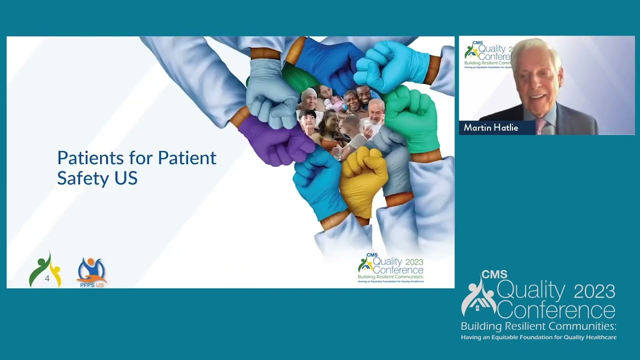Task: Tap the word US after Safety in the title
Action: coord(125,178)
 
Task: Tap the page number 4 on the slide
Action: coord(47,278)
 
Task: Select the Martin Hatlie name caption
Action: coord(490,128)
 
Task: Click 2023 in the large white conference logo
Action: coord(594,290)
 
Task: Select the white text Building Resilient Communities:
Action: coord(538,326)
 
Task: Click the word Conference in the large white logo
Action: coord(556,310)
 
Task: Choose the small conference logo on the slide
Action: coord(390,268)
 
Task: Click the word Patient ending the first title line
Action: coord(187,158)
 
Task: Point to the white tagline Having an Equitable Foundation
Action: coord(538,337)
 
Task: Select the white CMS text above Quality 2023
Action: coord(494,274)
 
